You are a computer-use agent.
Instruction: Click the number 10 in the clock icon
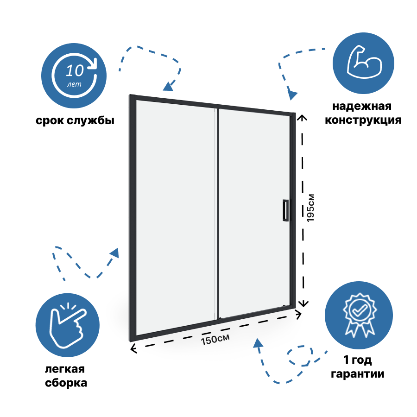75,71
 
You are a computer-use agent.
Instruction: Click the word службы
92,121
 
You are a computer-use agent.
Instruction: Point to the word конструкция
363,120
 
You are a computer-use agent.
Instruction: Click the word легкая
65,369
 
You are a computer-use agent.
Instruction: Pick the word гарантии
357,373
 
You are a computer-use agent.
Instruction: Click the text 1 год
357,360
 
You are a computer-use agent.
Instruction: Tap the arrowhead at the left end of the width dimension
133,348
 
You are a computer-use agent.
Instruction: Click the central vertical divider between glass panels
217,213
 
